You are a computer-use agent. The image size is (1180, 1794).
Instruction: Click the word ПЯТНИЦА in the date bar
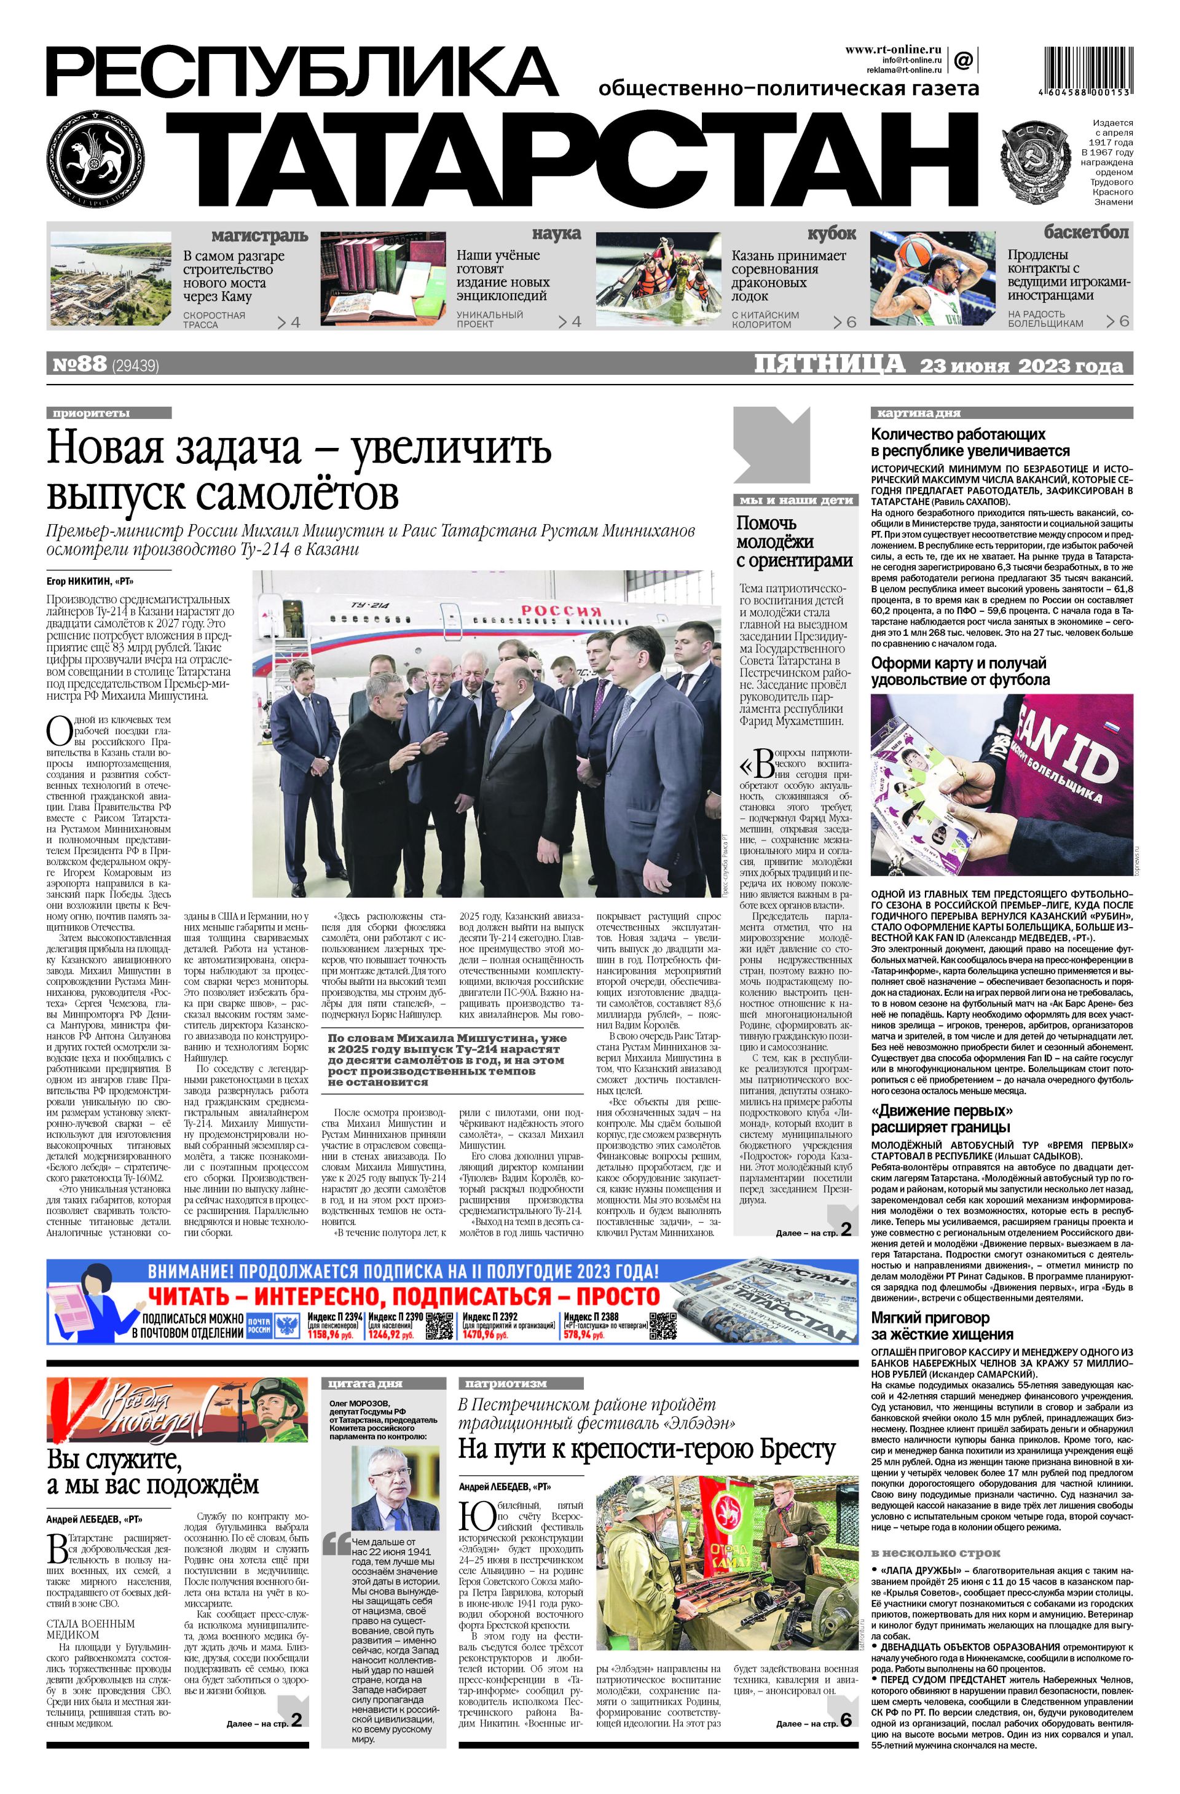click(x=830, y=364)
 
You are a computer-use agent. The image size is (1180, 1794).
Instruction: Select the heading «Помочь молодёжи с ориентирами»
click(x=794, y=541)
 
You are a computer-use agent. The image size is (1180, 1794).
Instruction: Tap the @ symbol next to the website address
click(x=963, y=60)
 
